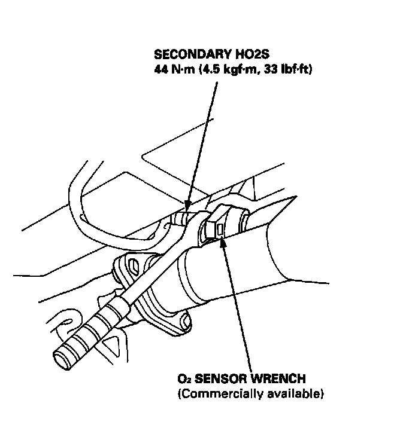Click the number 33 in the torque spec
pos(269,70)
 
